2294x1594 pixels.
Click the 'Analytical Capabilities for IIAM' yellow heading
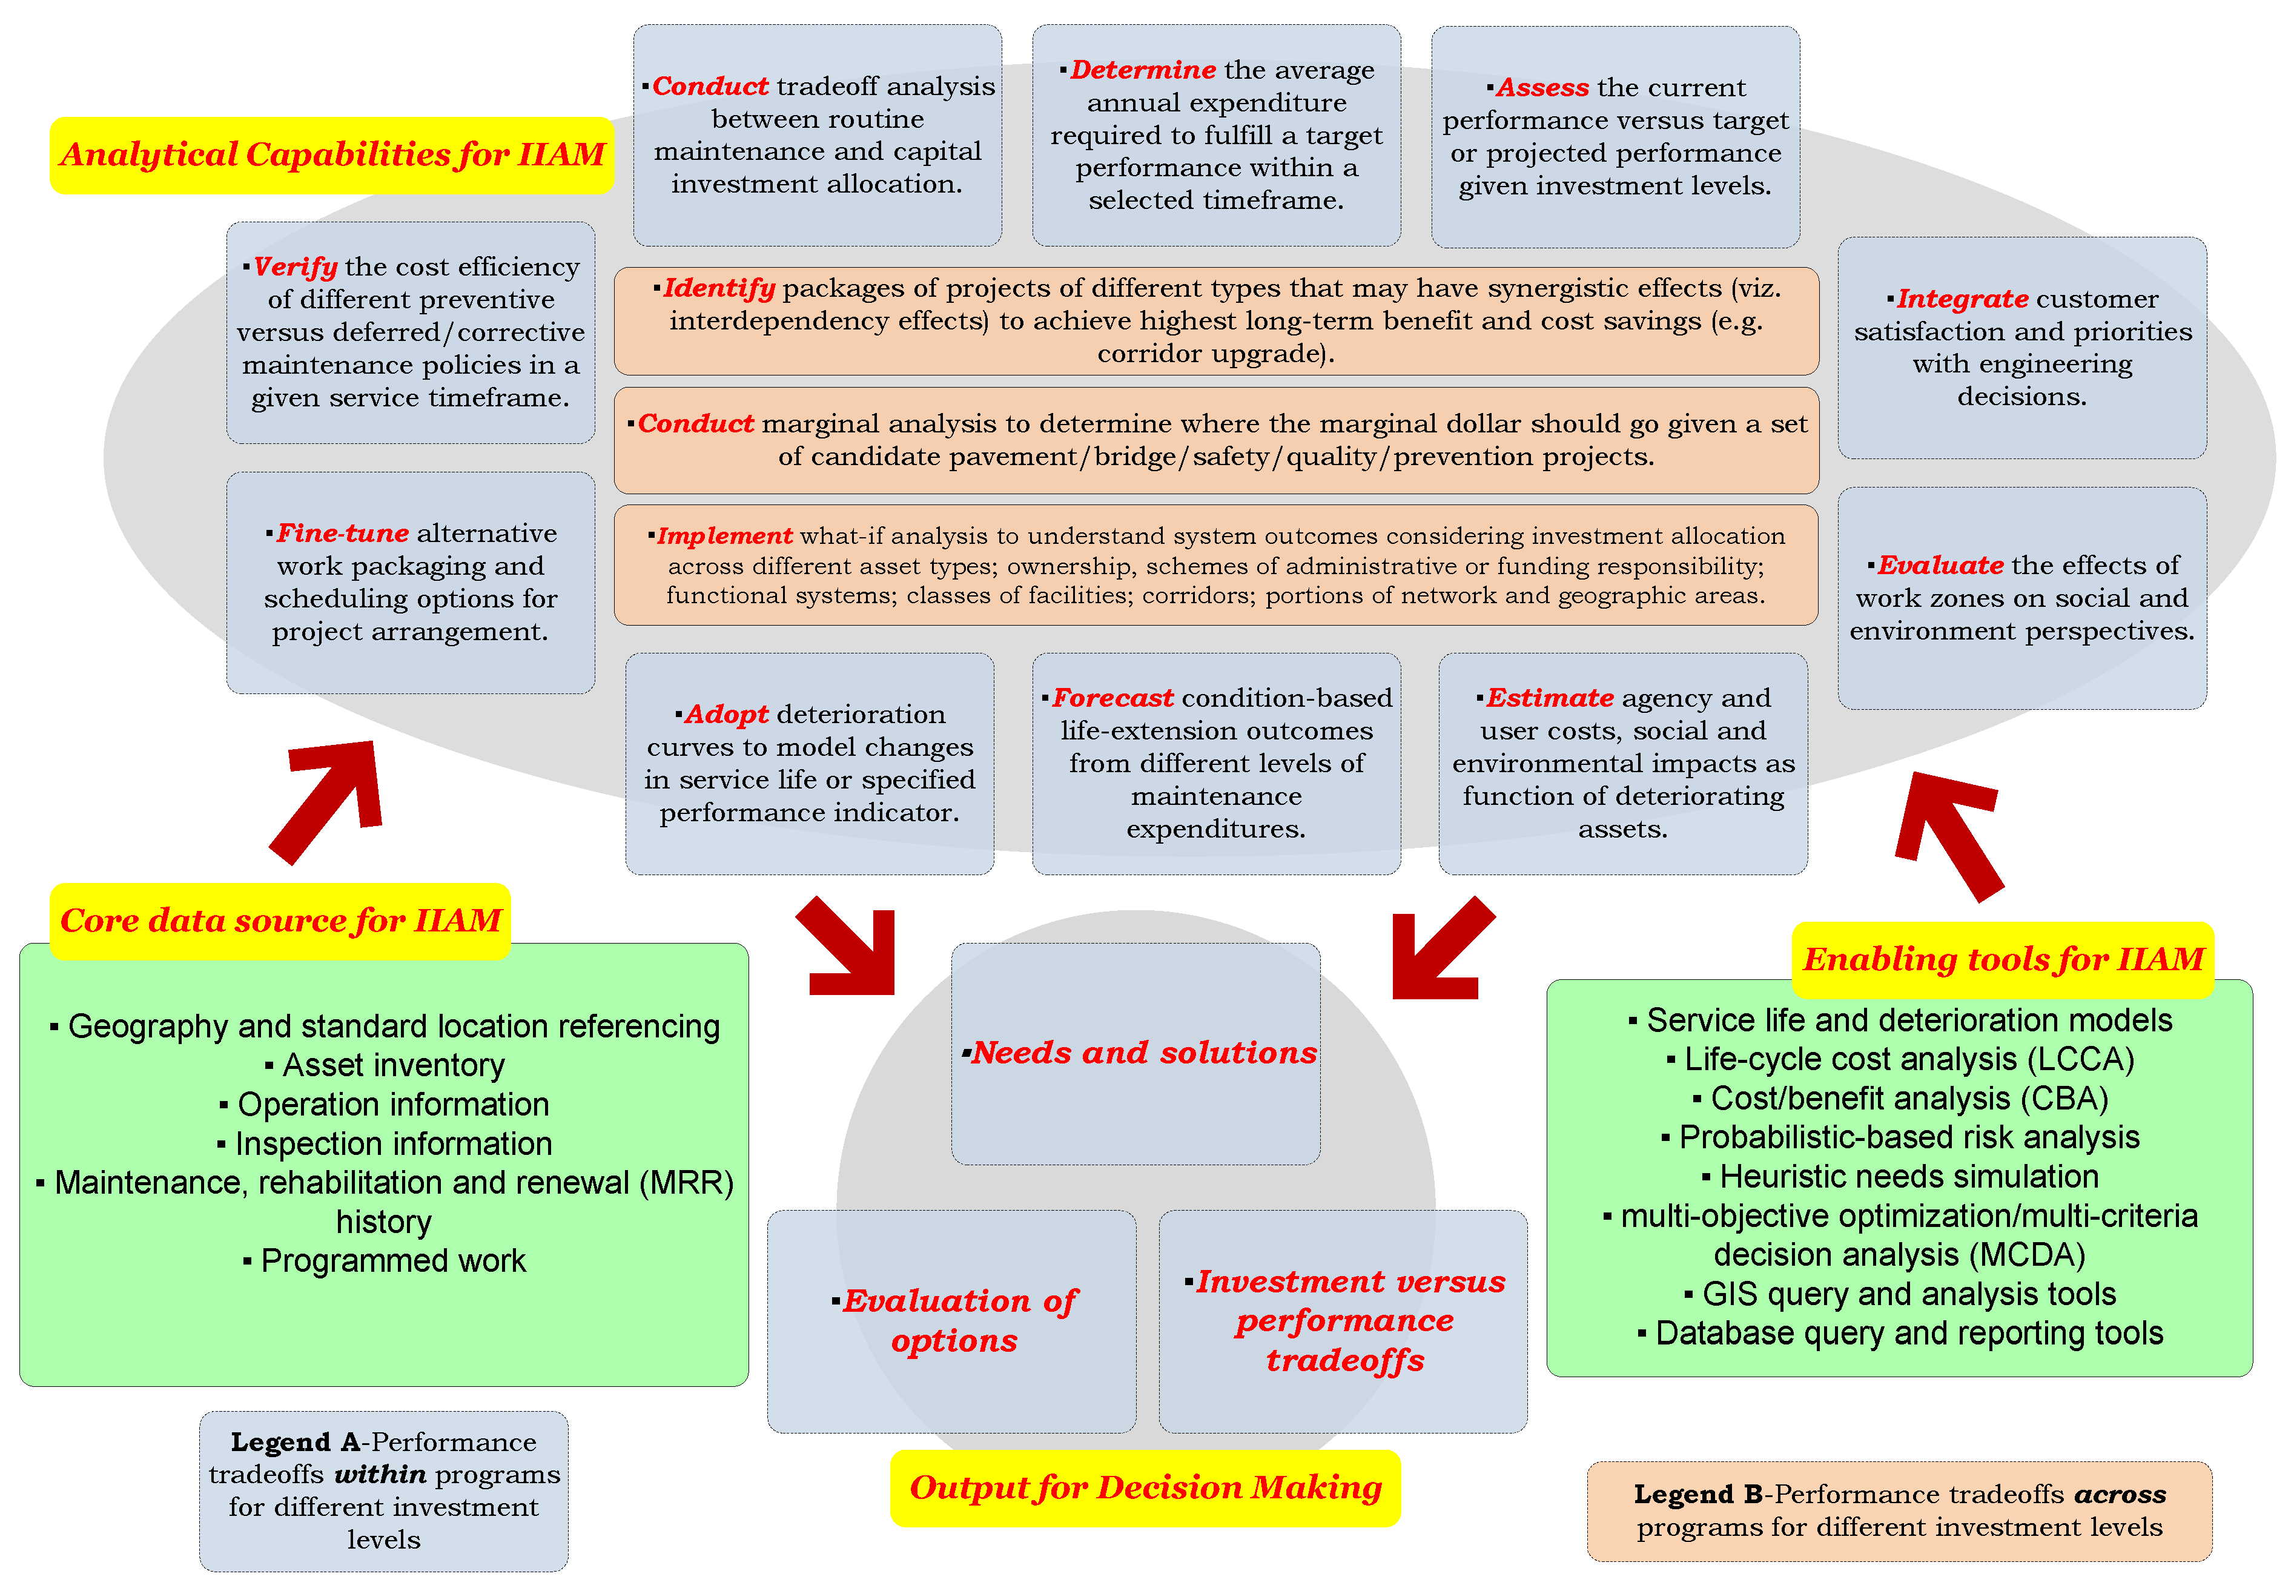coord(332,155)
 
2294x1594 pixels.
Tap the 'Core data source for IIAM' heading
coord(280,921)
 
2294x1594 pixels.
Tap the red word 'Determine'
coord(1143,70)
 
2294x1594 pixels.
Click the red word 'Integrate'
coord(1962,299)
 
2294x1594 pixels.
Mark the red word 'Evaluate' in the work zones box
coord(1940,565)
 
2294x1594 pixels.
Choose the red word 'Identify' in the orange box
coord(718,289)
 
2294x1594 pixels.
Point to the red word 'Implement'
coord(724,537)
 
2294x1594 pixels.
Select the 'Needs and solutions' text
coord(1143,1053)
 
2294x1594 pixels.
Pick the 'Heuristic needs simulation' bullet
coord(1908,1177)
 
